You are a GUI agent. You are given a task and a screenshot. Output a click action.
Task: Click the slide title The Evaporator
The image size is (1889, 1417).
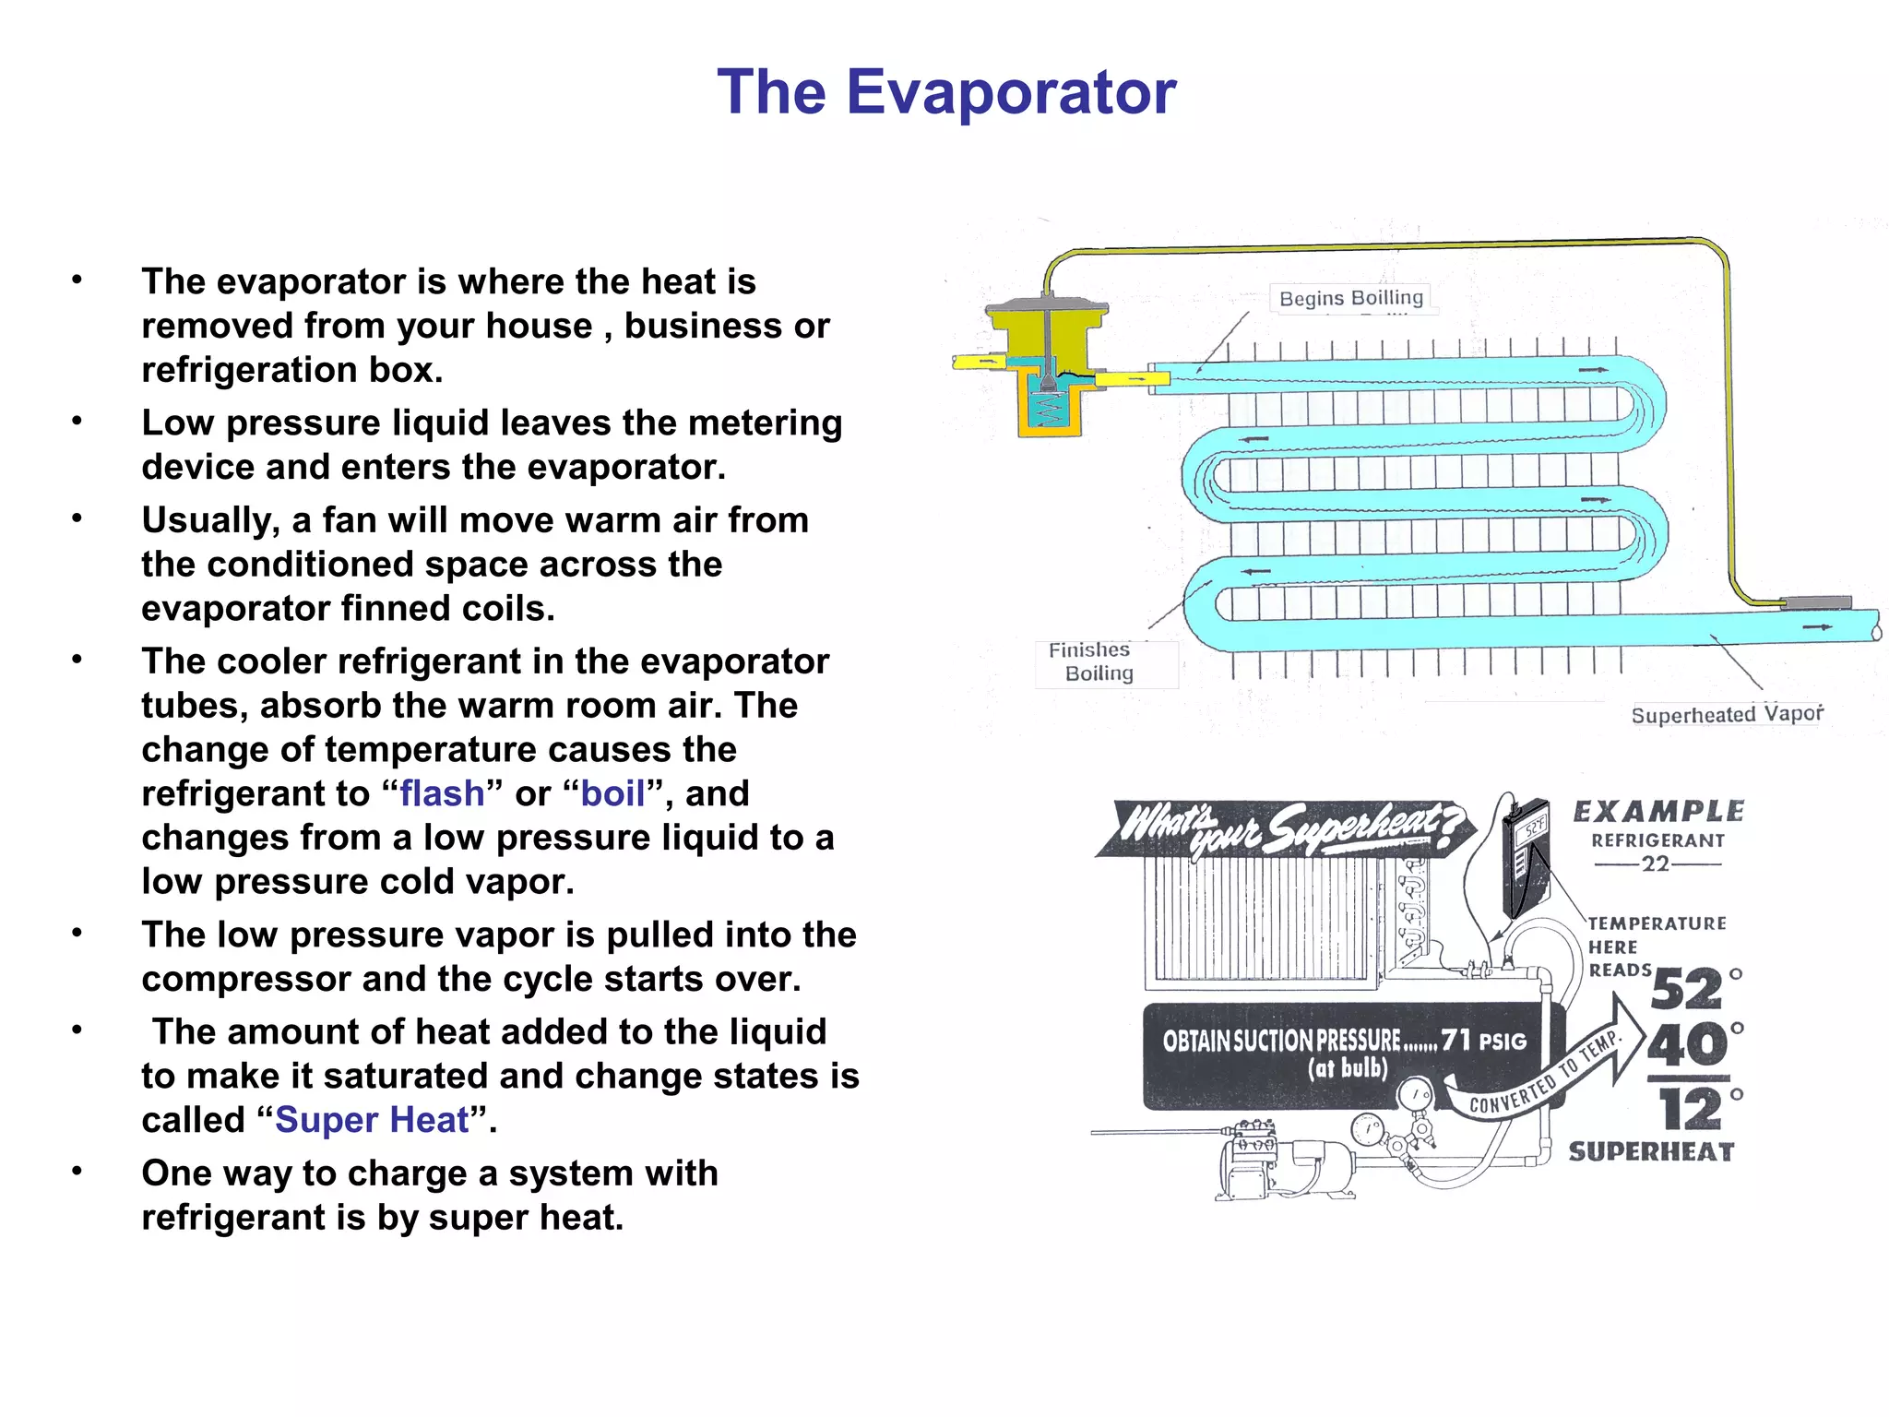[x=946, y=92]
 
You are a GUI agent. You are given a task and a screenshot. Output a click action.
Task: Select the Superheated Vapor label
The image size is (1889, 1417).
[x=1727, y=715]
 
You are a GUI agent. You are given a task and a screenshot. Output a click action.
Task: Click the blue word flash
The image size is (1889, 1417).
[x=442, y=794]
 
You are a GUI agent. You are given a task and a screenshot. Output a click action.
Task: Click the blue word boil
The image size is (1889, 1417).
[x=612, y=794]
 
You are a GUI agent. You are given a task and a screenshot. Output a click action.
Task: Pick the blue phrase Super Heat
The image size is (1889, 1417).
[x=372, y=1120]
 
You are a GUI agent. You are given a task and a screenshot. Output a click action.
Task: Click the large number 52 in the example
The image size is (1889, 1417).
[x=1686, y=990]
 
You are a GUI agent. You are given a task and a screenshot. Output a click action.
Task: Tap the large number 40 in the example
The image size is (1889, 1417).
[x=1686, y=1044]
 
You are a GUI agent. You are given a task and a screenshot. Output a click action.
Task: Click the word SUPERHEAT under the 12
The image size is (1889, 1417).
[x=1651, y=1152]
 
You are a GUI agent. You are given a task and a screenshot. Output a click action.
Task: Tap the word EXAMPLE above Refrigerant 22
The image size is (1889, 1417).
[x=1657, y=812]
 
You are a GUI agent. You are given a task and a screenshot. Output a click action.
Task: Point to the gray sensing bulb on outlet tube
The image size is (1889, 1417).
[x=1815, y=602]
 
